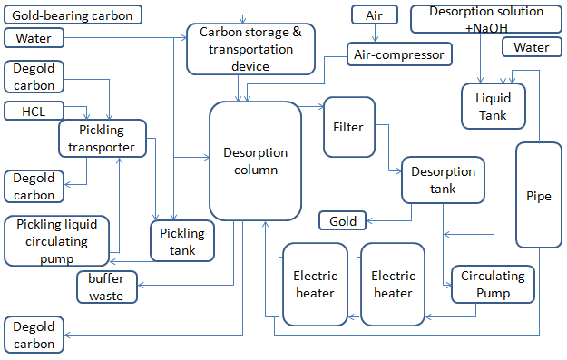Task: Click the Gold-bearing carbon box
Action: pyautogui.click(x=73, y=15)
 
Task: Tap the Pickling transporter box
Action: pyautogui.click(x=103, y=140)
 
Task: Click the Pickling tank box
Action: pyautogui.click(x=182, y=240)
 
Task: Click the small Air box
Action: pyautogui.click(x=374, y=15)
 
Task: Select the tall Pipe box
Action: pyautogui.click(x=539, y=195)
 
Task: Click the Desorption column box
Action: pyautogui.click(x=256, y=161)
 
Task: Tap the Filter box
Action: pyautogui.click(x=348, y=127)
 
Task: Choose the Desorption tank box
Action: pyautogui.click(x=443, y=180)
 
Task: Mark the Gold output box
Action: pyautogui.click(x=342, y=220)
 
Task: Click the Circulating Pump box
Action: pyautogui.click(x=492, y=284)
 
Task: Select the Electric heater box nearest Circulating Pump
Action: pyautogui.click(x=393, y=284)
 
